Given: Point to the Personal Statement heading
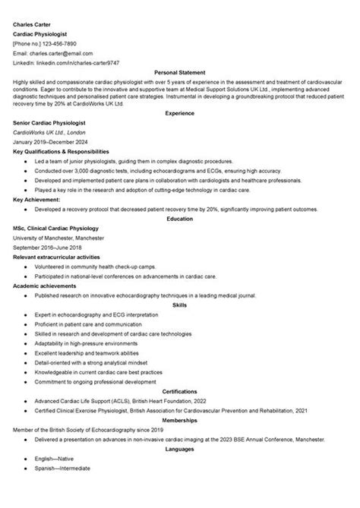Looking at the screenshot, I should coord(180,73).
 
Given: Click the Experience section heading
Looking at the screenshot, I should coord(180,112).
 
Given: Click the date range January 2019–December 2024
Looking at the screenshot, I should coord(50,141).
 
